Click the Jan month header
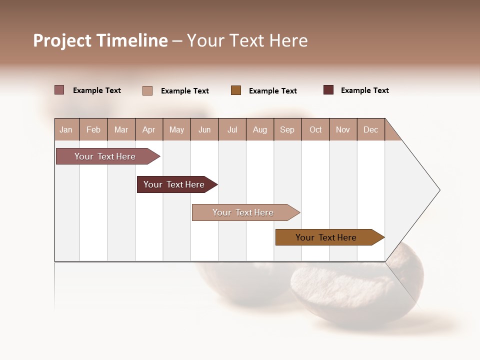[x=66, y=129]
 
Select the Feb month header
[x=93, y=129]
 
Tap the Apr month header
[x=149, y=129]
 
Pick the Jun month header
[x=204, y=129]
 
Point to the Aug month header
[x=260, y=129]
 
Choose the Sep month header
[x=287, y=129]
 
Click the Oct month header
[x=315, y=129]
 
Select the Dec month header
[x=371, y=129]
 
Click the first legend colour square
[x=59, y=90]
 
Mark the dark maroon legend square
[x=328, y=90]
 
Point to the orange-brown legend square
[x=236, y=90]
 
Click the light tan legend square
[x=147, y=90]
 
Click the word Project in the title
[x=62, y=40]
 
